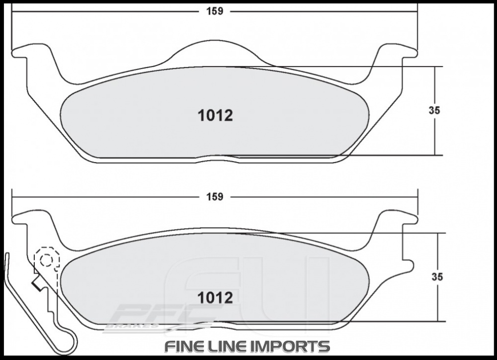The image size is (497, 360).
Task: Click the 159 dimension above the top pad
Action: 215,11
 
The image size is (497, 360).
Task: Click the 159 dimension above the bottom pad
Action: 215,197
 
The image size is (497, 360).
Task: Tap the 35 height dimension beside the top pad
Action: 434,111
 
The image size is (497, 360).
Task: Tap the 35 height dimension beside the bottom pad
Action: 437,277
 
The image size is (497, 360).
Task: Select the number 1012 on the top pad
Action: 215,115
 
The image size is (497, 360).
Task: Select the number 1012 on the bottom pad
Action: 215,297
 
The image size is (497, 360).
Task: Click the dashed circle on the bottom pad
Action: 46,259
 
